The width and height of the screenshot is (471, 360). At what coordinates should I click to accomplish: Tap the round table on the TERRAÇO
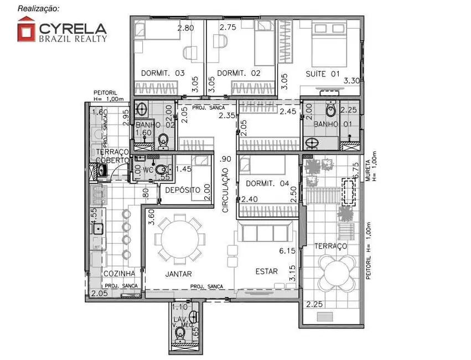[339, 272]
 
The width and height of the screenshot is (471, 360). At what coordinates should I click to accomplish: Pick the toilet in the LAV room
[180, 335]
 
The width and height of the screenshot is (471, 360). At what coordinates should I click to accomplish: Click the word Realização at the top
[38, 8]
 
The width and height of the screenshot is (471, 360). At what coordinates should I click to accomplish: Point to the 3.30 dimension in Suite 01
[352, 81]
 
